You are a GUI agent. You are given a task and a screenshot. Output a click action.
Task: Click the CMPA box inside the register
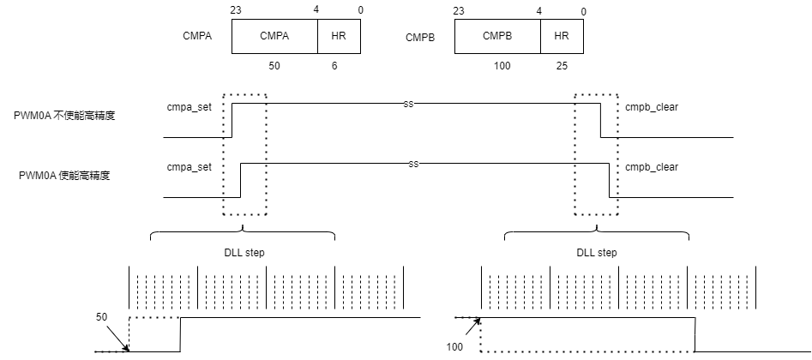pyautogui.click(x=274, y=36)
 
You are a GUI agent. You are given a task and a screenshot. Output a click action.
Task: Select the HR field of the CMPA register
pyautogui.click(x=340, y=36)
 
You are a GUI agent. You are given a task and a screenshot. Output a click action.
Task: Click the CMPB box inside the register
pyautogui.click(x=497, y=36)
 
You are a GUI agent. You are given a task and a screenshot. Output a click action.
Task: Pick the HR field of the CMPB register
pyautogui.click(x=562, y=36)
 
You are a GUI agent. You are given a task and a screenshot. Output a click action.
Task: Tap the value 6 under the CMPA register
pyautogui.click(x=334, y=66)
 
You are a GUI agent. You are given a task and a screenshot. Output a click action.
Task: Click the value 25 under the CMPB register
pyautogui.click(x=562, y=66)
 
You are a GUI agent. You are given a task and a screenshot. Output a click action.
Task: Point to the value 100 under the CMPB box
pyautogui.click(x=502, y=66)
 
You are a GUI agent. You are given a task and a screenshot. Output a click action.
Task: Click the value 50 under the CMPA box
pyautogui.click(x=274, y=66)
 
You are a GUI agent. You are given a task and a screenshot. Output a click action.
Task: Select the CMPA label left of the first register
pyautogui.click(x=197, y=37)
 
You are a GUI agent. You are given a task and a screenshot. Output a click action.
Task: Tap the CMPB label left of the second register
pyautogui.click(x=420, y=38)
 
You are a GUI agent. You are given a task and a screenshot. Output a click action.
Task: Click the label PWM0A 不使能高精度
pyautogui.click(x=64, y=116)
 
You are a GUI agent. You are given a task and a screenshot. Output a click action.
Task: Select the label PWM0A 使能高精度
pyautogui.click(x=64, y=176)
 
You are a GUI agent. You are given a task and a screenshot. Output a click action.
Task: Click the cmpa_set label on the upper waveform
pyautogui.click(x=189, y=108)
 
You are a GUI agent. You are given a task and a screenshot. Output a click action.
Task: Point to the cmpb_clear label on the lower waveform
pyautogui.click(x=652, y=167)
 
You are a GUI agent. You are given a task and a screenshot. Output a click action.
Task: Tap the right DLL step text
pyautogui.click(x=597, y=253)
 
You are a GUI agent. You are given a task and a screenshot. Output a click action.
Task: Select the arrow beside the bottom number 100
pyautogui.click(x=472, y=328)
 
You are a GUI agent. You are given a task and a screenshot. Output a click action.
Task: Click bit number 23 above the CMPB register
pyautogui.click(x=458, y=11)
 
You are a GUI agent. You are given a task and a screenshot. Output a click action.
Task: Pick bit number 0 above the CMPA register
pyautogui.click(x=360, y=11)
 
